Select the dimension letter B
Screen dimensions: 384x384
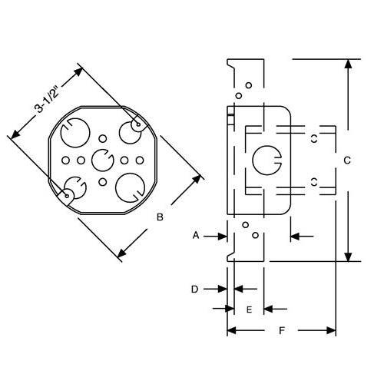coord(160,217)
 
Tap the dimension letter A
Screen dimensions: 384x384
coord(196,235)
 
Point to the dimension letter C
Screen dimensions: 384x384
coord(347,160)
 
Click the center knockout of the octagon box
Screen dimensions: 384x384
coord(101,161)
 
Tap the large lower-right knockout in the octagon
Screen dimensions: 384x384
coord(128,187)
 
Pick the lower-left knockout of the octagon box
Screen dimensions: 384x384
coord(74,188)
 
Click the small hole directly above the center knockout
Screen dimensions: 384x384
coord(102,139)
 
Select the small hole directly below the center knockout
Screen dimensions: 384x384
coord(102,183)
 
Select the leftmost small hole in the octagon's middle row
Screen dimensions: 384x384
coord(65,161)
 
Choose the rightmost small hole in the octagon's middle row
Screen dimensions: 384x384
coord(138,161)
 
